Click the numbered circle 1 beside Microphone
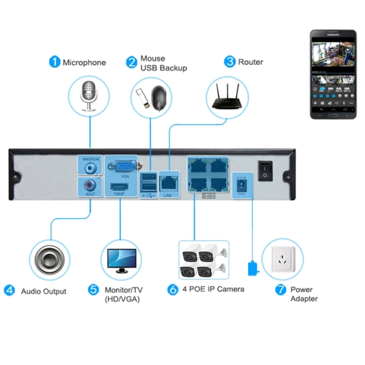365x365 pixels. coord(55,62)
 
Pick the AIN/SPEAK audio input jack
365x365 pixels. coord(90,168)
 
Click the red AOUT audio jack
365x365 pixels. coord(90,186)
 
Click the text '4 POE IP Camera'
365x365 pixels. coord(213,289)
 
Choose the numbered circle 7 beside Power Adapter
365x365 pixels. coord(280,290)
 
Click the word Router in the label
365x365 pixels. coord(251,62)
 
